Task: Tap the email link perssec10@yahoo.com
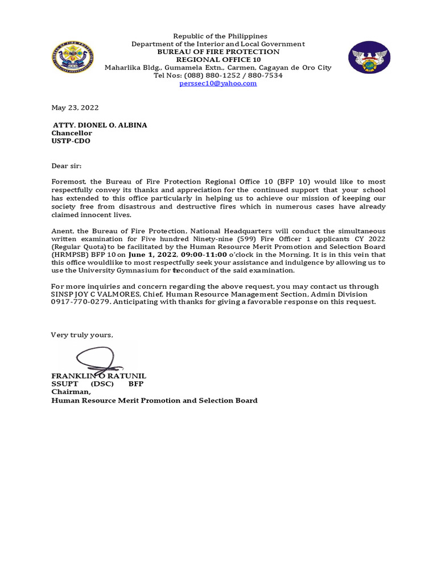click(x=218, y=83)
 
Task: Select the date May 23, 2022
click(x=75, y=107)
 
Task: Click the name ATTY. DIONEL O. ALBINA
click(x=100, y=125)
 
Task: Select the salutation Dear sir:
click(x=67, y=166)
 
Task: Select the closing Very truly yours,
click(x=82, y=335)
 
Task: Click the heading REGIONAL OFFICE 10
click(x=218, y=60)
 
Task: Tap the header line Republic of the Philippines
click(x=218, y=36)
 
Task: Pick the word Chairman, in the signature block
click(x=71, y=392)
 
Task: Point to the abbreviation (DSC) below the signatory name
click(x=102, y=384)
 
